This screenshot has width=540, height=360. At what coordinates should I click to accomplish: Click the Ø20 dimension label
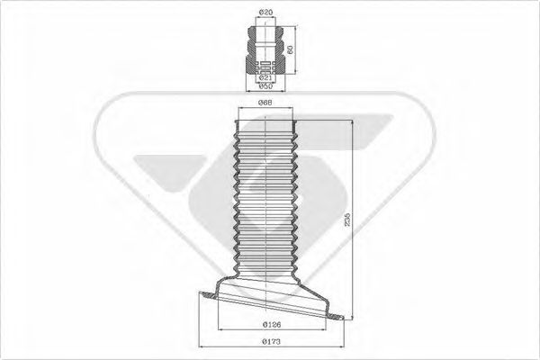pos(265,12)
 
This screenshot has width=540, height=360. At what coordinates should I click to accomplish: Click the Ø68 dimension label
pos(266,103)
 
